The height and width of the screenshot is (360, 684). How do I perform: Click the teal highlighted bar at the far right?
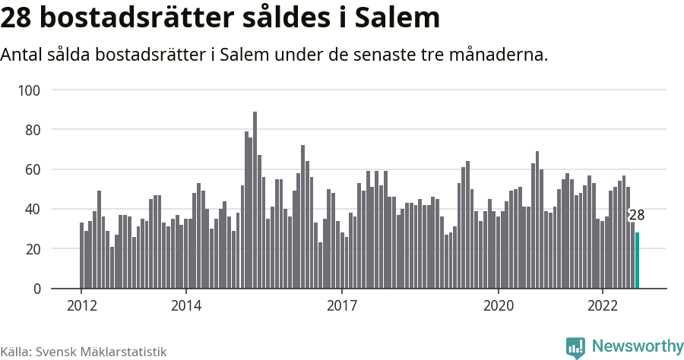(637, 261)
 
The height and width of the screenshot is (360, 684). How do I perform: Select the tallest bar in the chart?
(255, 201)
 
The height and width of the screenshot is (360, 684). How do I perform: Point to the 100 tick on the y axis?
(29, 90)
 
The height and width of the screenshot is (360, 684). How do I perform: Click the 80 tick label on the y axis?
(32, 130)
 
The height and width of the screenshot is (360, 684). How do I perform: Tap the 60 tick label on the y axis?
(32, 169)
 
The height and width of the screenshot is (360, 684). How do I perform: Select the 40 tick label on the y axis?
(32, 209)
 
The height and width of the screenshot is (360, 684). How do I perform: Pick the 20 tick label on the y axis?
(32, 249)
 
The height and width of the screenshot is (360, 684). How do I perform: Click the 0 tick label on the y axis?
(36, 289)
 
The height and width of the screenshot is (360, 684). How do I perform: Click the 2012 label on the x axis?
(81, 306)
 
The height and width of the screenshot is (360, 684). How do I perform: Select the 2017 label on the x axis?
(342, 306)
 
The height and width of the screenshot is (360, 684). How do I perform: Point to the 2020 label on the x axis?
(499, 306)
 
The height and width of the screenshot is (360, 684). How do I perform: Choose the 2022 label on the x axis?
(603, 306)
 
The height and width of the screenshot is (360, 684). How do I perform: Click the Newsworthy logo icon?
(576, 347)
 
